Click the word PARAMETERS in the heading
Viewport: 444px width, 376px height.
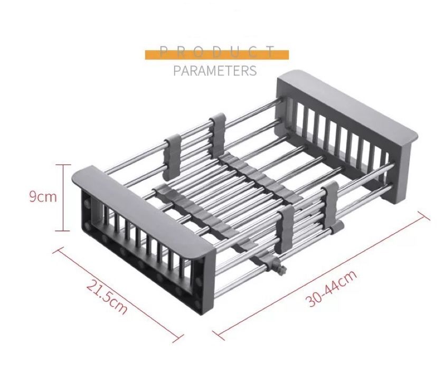(215, 71)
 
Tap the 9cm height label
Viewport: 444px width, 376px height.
(43, 197)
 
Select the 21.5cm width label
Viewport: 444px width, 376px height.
(107, 297)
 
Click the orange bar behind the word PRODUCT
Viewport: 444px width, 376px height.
(217, 55)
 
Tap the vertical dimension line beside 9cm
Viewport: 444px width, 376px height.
(63, 197)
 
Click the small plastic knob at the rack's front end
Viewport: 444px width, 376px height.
(281, 270)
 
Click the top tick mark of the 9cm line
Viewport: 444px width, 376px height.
(63, 165)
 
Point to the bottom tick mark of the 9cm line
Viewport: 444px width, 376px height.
(63, 231)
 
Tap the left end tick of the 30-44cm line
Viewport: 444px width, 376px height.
(218, 334)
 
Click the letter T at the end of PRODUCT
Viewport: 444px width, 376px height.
(271, 52)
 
